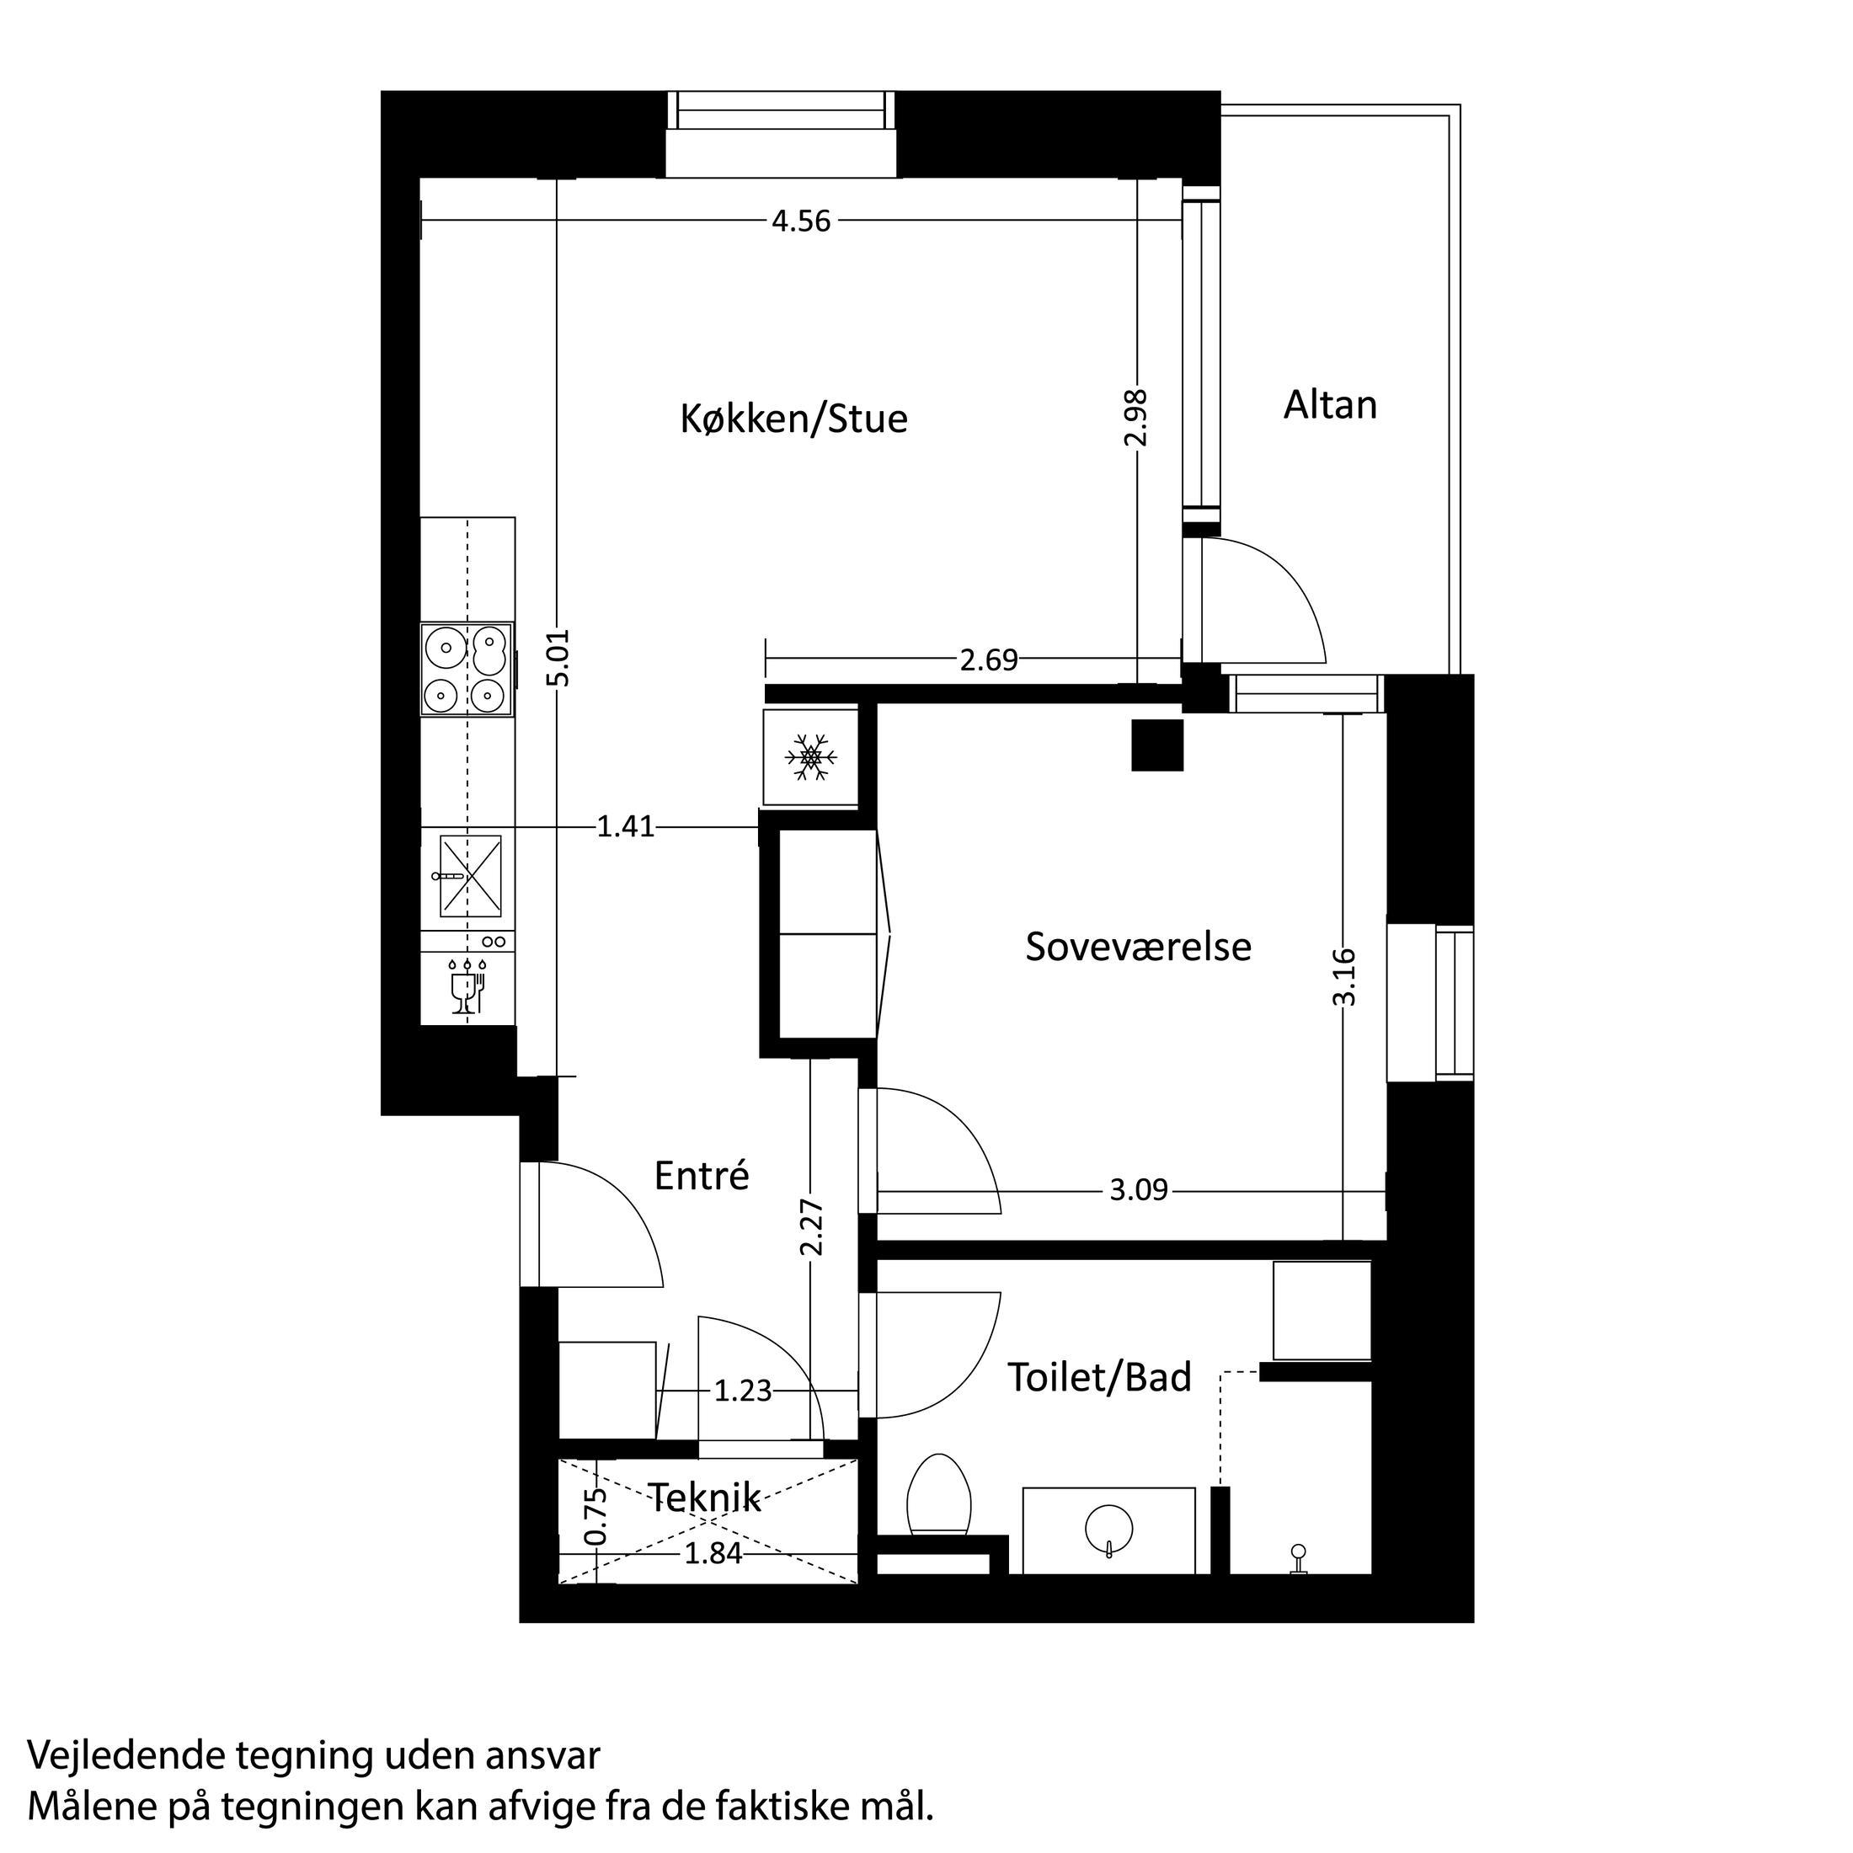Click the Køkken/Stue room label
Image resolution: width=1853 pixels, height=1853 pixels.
coord(793,419)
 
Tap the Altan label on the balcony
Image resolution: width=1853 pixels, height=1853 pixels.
coord(1330,406)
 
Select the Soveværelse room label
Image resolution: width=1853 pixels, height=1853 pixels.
coord(1138,947)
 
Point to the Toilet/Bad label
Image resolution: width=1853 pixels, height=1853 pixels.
coord(1099,1377)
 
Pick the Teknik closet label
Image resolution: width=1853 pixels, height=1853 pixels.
coord(705,1498)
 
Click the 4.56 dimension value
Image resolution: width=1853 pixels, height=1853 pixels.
coord(801,222)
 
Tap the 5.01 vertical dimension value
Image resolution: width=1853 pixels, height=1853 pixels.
coord(558,657)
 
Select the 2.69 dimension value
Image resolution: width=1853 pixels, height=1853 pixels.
coord(988,659)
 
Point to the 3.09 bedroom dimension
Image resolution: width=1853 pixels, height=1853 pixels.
coord(1139,1191)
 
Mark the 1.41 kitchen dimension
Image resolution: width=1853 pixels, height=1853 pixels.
coord(625,827)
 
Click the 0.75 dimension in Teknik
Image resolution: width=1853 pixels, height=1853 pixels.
coord(595,1517)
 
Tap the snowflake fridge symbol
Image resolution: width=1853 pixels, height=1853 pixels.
coord(810,756)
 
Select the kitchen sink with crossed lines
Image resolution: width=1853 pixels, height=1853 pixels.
coord(470,876)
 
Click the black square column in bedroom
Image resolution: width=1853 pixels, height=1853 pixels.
coord(1156,745)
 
